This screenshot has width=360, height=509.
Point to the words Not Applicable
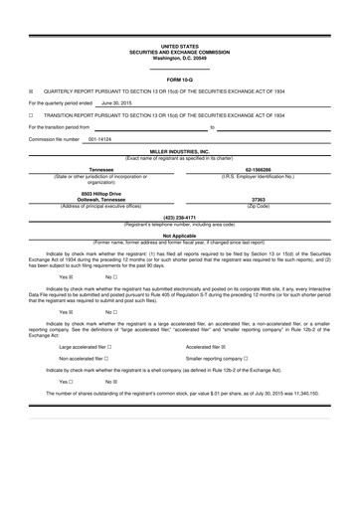coord(180,236)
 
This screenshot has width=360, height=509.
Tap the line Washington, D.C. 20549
coord(180,57)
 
